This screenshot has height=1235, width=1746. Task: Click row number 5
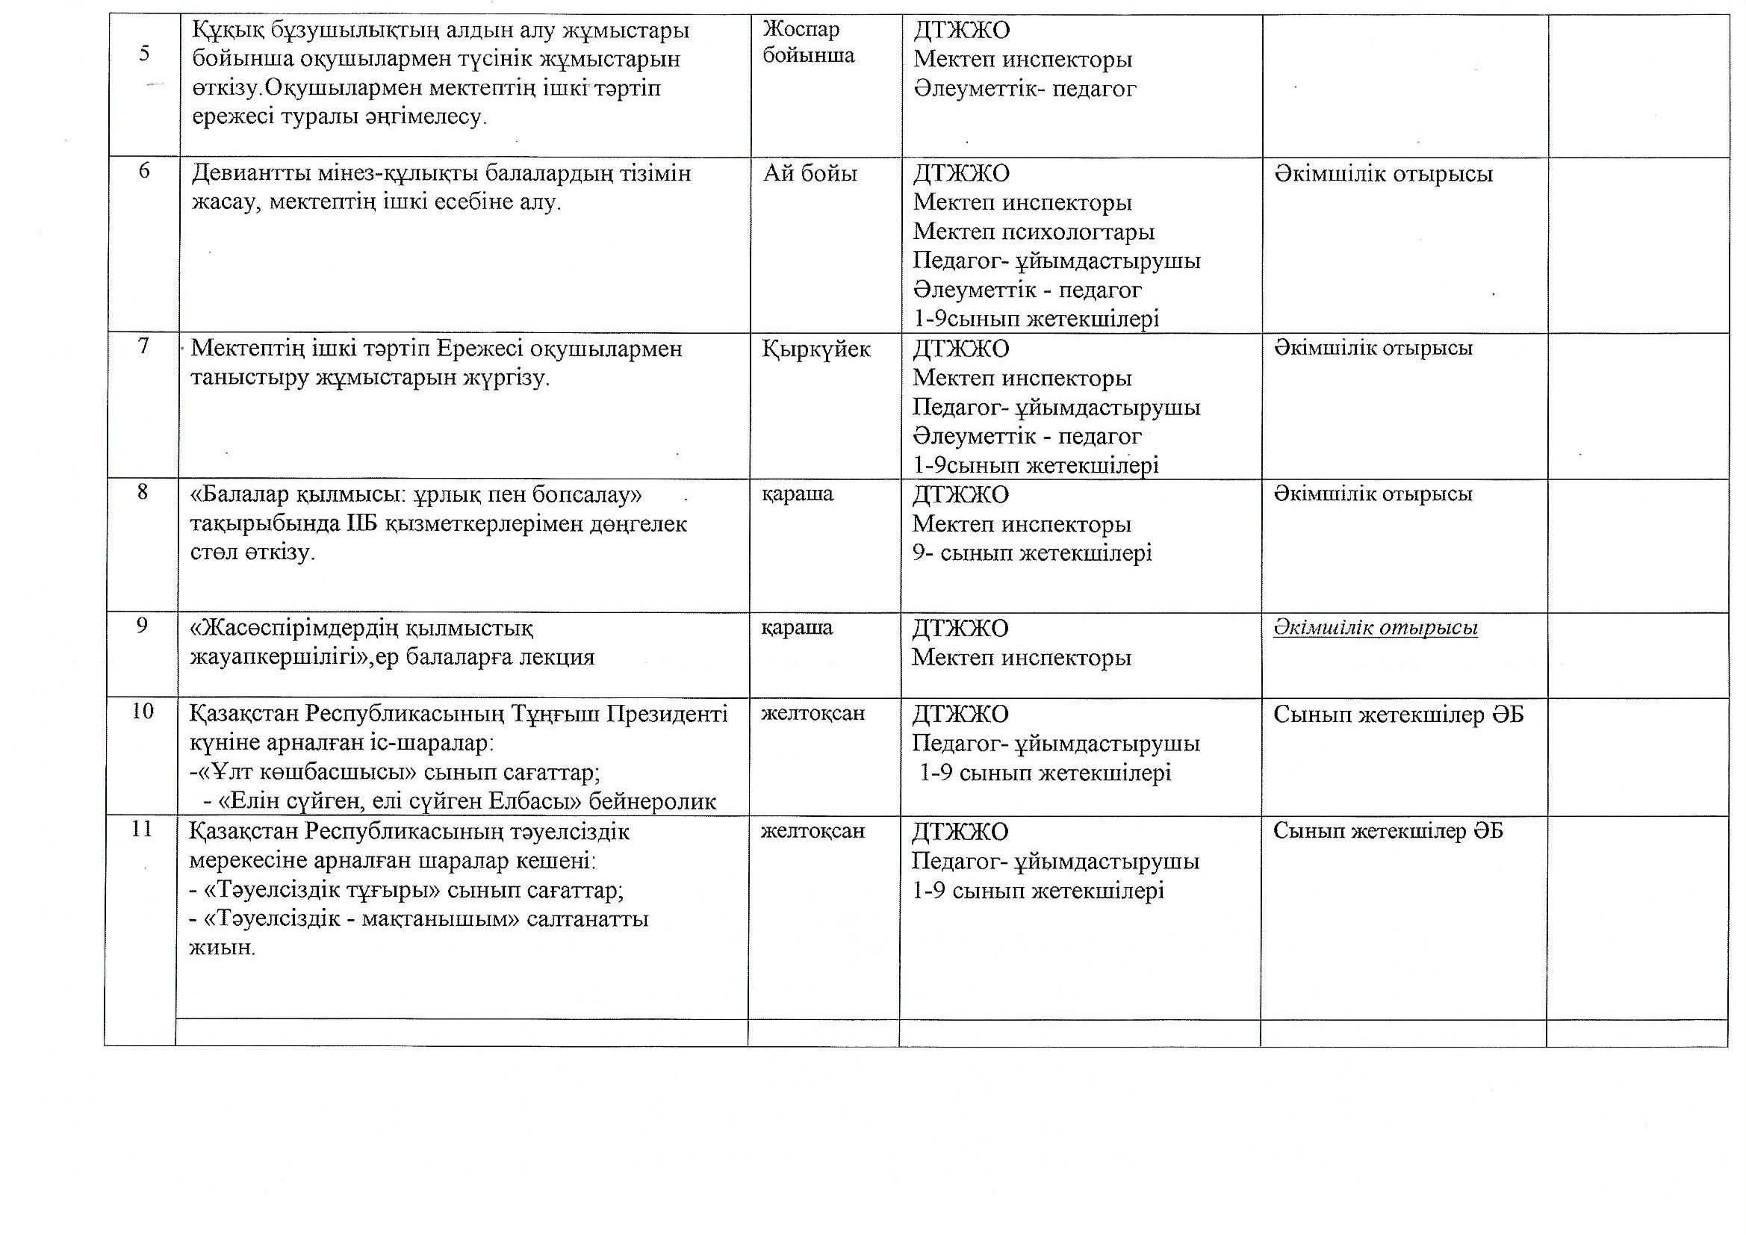point(143,53)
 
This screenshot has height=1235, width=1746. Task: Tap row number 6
point(143,170)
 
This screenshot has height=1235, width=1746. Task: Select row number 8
point(143,492)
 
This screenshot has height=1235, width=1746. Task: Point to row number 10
point(143,711)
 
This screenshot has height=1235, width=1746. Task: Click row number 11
point(142,828)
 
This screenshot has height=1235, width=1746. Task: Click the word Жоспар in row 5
point(801,30)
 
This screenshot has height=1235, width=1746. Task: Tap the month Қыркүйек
point(815,349)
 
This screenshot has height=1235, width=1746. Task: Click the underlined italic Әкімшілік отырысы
point(1375,628)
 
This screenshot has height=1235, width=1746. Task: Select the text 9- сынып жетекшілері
point(1032,553)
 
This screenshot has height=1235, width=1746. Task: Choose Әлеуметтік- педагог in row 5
point(1025,89)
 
